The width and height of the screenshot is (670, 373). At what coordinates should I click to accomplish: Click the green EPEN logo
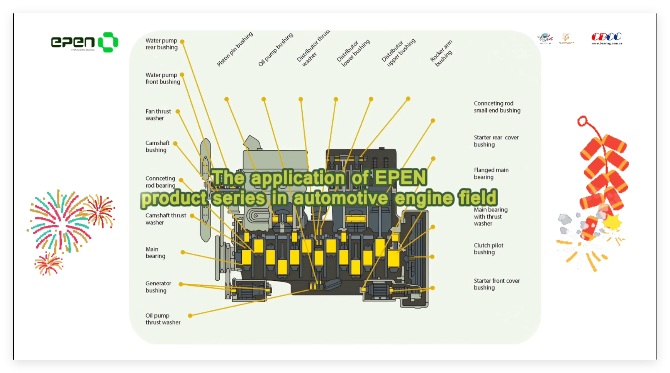click(x=85, y=42)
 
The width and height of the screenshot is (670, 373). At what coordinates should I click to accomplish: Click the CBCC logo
click(x=606, y=38)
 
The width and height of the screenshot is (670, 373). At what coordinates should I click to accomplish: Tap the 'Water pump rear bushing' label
click(x=161, y=44)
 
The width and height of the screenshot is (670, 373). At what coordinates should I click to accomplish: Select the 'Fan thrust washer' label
click(x=158, y=115)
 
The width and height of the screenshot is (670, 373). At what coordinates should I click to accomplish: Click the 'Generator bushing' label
click(x=158, y=287)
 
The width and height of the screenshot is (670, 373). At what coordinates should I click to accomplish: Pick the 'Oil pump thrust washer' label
click(x=163, y=319)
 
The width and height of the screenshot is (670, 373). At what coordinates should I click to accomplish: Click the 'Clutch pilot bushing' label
click(x=489, y=249)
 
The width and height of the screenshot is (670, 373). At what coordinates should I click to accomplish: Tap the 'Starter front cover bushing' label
click(x=497, y=284)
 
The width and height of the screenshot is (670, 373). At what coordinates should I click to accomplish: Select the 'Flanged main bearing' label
click(x=491, y=173)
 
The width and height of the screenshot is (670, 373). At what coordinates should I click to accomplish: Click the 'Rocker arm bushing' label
click(x=441, y=53)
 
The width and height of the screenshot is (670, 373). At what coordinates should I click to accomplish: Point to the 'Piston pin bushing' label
click(x=235, y=49)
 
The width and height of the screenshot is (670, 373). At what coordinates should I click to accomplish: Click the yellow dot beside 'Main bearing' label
click(x=183, y=253)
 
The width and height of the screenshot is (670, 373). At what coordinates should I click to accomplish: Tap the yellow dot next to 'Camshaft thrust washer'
click(x=192, y=216)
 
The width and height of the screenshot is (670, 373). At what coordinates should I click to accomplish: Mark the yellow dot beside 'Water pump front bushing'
click(x=182, y=75)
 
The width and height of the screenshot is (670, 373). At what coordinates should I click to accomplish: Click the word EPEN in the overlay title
click(x=400, y=178)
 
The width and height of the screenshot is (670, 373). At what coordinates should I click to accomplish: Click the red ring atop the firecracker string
click(x=582, y=121)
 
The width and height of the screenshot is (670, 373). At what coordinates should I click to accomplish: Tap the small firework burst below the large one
click(x=48, y=263)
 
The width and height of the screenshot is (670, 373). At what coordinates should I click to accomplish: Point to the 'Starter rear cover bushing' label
click(x=496, y=141)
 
